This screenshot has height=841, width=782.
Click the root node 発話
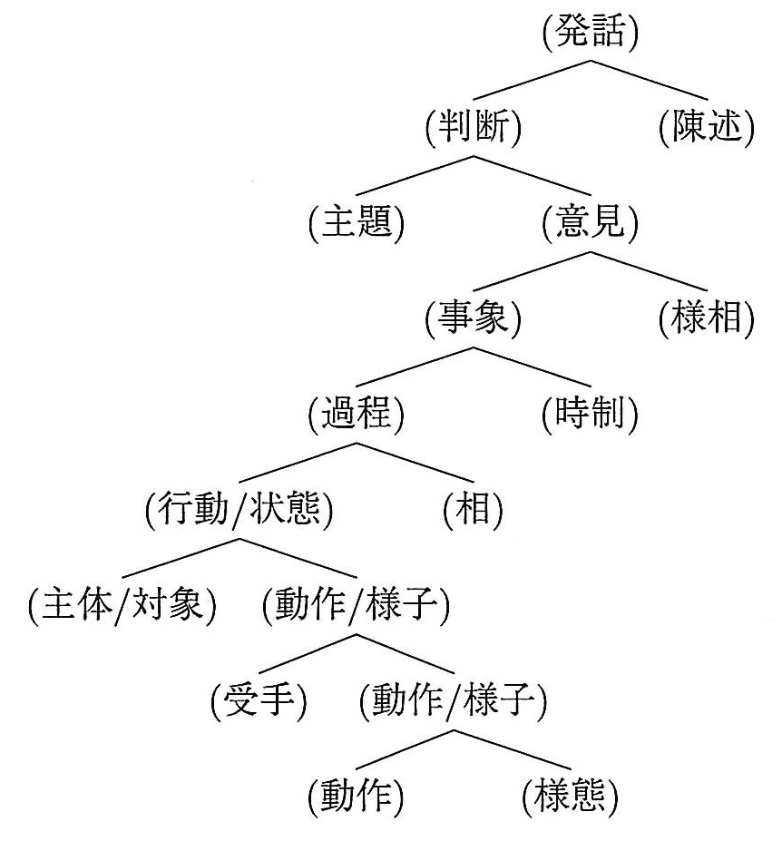590,31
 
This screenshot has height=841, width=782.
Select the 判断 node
473,127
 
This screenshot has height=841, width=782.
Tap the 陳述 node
707,127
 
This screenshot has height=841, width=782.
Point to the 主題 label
357,222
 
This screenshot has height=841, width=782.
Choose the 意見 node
590,222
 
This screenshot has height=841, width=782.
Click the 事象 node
473,318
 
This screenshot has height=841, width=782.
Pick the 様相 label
707,318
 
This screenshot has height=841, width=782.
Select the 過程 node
357,414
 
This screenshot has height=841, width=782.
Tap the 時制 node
590,414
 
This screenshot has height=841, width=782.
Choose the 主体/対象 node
122,605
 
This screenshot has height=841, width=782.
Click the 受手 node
259,700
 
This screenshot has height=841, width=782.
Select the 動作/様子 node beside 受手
454,700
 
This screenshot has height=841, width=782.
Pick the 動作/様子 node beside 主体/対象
357,605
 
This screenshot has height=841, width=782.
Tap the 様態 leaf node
570,797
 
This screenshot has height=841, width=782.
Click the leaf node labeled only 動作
357,797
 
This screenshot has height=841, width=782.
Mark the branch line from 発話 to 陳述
649,80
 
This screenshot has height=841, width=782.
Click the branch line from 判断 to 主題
415,175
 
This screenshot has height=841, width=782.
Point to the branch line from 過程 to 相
415,463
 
